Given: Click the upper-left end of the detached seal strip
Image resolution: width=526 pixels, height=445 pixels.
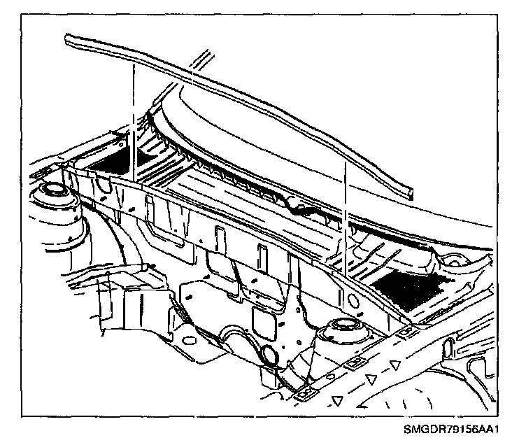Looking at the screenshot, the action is tap(68, 40).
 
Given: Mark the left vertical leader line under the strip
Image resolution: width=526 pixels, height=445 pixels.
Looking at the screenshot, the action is tap(131, 119).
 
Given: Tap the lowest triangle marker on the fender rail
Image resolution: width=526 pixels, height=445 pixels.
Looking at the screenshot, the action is tap(337, 401).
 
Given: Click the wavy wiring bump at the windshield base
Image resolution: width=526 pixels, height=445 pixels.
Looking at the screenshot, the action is tap(302, 205).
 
